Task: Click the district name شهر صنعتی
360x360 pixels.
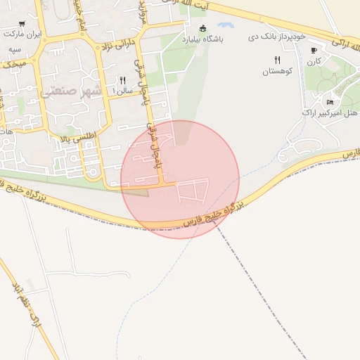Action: [70, 91]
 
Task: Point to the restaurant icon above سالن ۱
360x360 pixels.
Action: [123, 80]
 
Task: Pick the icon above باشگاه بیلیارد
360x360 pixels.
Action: [203, 29]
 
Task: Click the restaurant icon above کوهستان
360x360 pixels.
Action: [277, 60]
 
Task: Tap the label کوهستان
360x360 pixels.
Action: [276, 72]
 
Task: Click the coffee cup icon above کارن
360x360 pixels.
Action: [314, 50]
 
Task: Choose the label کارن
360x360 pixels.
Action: [314, 61]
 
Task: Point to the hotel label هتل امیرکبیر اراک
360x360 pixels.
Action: [330, 112]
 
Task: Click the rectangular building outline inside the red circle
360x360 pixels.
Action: [194, 191]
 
